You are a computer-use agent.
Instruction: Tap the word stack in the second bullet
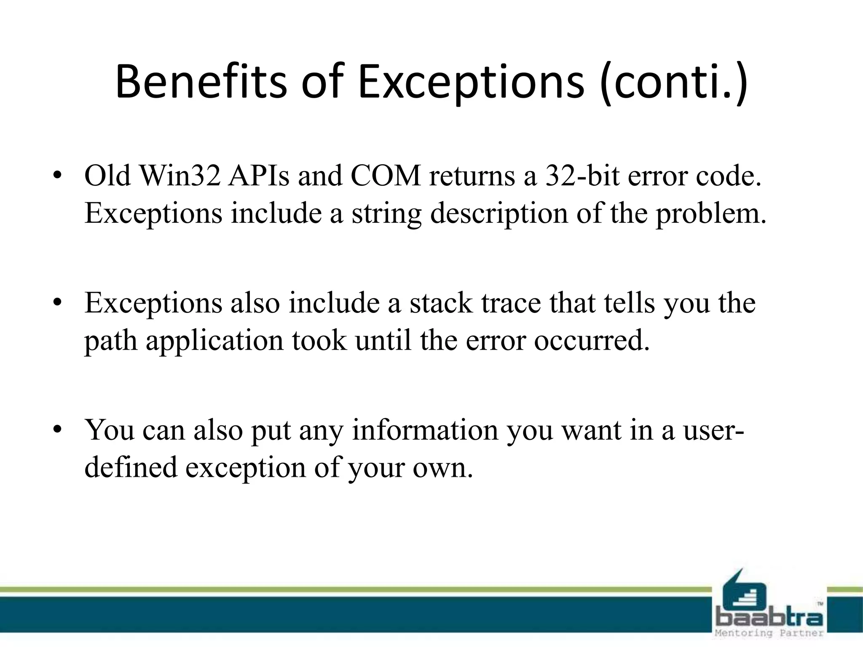(x=441, y=303)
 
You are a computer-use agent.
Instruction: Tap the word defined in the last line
(x=131, y=468)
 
